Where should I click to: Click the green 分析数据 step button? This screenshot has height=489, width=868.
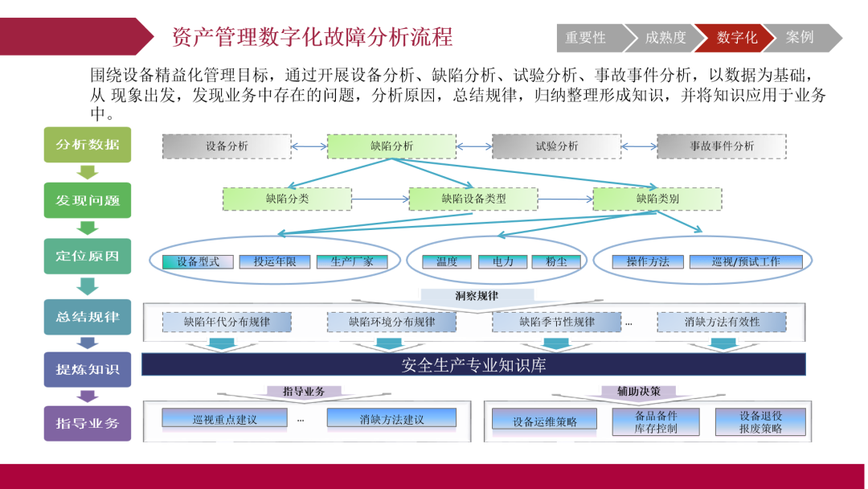(x=88, y=145)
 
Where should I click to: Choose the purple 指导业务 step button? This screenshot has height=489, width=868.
(x=88, y=424)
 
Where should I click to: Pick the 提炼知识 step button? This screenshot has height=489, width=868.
(x=88, y=369)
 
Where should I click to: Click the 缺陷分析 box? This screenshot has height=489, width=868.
(x=392, y=146)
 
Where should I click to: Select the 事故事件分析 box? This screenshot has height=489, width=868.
(x=722, y=146)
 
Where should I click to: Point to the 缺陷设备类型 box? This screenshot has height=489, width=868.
(x=473, y=199)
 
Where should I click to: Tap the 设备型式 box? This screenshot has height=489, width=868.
(x=198, y=261)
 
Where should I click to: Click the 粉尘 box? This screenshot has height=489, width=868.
(x=556, y=261)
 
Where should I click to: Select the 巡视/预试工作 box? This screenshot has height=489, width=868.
(x=746, y=261)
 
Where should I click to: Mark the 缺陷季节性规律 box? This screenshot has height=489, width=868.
(x=557, y=322)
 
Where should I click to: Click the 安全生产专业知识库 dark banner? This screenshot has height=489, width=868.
(x=473, y=365)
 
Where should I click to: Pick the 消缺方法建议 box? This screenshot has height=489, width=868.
(x=392, y=419)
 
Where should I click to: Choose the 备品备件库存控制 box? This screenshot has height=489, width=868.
(x=656, y=422)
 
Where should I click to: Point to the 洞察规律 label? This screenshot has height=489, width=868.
(x=477, y=296)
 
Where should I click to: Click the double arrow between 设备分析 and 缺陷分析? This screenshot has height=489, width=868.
(x=309, y=146)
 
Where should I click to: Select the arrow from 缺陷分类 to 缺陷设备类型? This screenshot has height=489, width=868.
(x=380, y=199)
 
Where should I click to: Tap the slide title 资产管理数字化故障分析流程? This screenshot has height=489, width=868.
(x=312, y=37)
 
